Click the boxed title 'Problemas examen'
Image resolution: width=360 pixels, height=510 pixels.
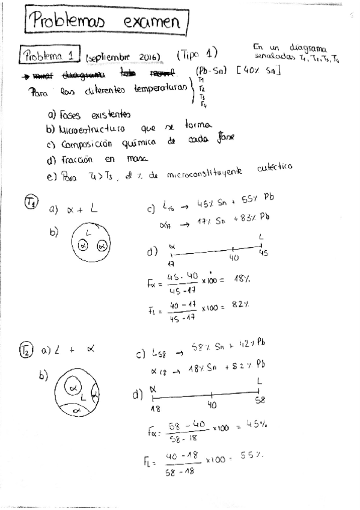106,23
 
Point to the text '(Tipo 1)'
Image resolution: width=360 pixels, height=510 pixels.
198,54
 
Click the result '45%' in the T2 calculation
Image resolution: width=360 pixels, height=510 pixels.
258,425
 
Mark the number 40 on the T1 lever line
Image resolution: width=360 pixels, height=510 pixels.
234,257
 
